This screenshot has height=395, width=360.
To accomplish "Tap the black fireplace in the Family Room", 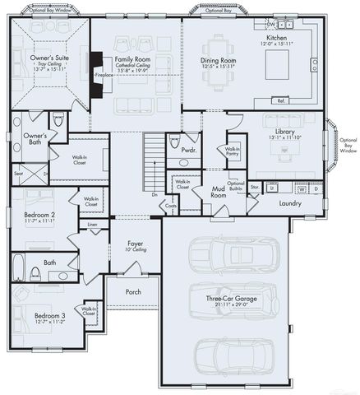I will (x=97, y=74).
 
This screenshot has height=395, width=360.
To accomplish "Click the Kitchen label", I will (x=276, y=39).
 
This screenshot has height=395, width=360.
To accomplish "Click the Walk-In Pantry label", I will (x=232, y=151).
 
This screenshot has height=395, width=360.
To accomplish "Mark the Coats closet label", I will (x=171, y=206).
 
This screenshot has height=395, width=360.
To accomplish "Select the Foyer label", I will (x=136, y=244).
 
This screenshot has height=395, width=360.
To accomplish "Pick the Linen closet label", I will (x=92, y=224).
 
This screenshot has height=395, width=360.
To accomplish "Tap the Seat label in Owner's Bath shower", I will (x=18, y=173).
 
